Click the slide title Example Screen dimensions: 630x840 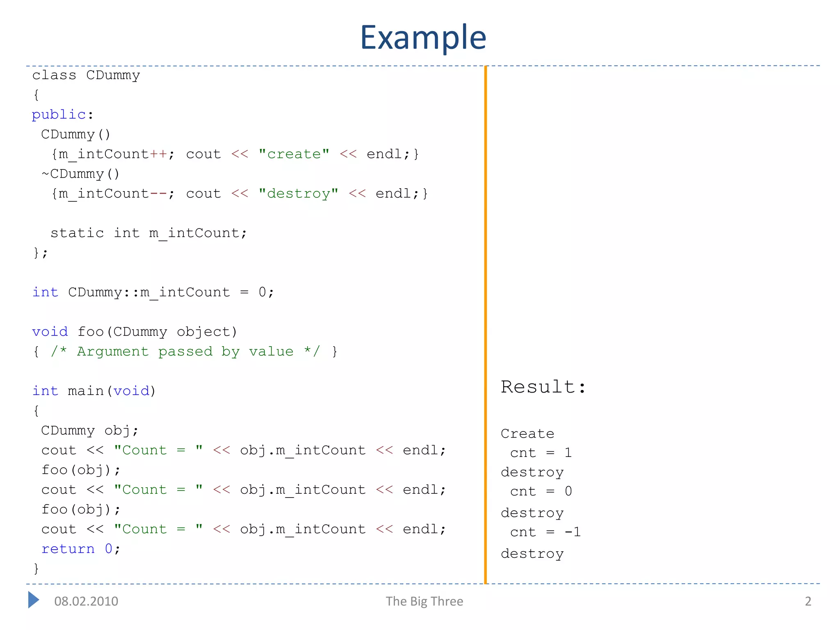pyautogui.click(x=423, y=38)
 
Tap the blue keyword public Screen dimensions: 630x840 pyautogui.click(x=59, y=115)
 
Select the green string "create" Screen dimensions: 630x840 pyautogui.click(x=294, y=154)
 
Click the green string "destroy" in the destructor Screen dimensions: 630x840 pyautogui.click(x=299, y=194)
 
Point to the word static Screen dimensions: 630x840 pyautogui.click(x=77, y=233)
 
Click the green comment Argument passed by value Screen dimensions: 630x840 pyautogui.click(x=185, y=352)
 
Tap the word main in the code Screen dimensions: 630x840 pyautogui.click(x=85, y=391)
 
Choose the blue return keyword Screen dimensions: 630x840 pyautogui.click(x=68, y=549)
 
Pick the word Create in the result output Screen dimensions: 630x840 pyautogui.click(x=527, y=434)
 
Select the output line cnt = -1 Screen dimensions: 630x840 pyautogui.click(x=545, y=532)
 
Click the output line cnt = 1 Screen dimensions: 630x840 pyautogui.click(x=541, y=453)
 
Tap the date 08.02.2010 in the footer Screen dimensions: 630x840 pyautogui.click(x=86, y=601)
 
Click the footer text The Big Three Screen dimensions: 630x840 pyautogui.click(x=424, y=601)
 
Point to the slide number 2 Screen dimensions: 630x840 pyautogui.click(x=808, y=601)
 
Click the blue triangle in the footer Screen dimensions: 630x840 pyautogui.click(x=33, y=600)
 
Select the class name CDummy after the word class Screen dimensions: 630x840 pyautogui.click(x=113, y=75)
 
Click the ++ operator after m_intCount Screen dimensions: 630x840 pyautogui.click(x=158, y=154)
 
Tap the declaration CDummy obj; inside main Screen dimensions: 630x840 pyautogui.click(x=90, y=431)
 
